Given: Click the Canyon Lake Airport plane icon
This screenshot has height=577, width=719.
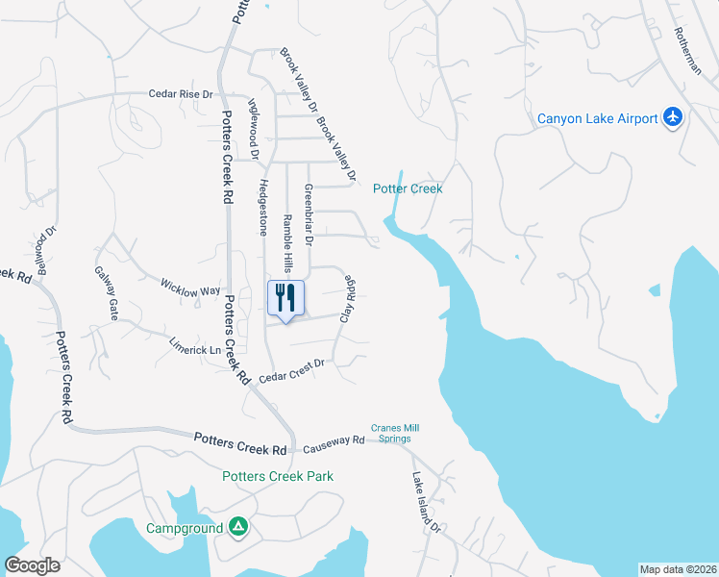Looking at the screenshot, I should click(x=672, y=118).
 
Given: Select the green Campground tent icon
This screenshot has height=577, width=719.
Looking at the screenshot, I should click(x=237, y=527).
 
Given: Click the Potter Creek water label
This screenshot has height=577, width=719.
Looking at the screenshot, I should click(x=408, y=189).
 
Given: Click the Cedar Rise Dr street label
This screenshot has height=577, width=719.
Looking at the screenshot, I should click(x=180, y=94).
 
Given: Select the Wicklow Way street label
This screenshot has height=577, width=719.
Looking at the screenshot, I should click(x=190, y=286).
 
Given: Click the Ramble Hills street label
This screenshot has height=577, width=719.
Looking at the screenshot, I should click(x=286, y=242).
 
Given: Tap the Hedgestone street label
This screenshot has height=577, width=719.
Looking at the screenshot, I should click(x=261, y=206).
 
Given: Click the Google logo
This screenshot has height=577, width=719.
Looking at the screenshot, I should click(x=33, y=565).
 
